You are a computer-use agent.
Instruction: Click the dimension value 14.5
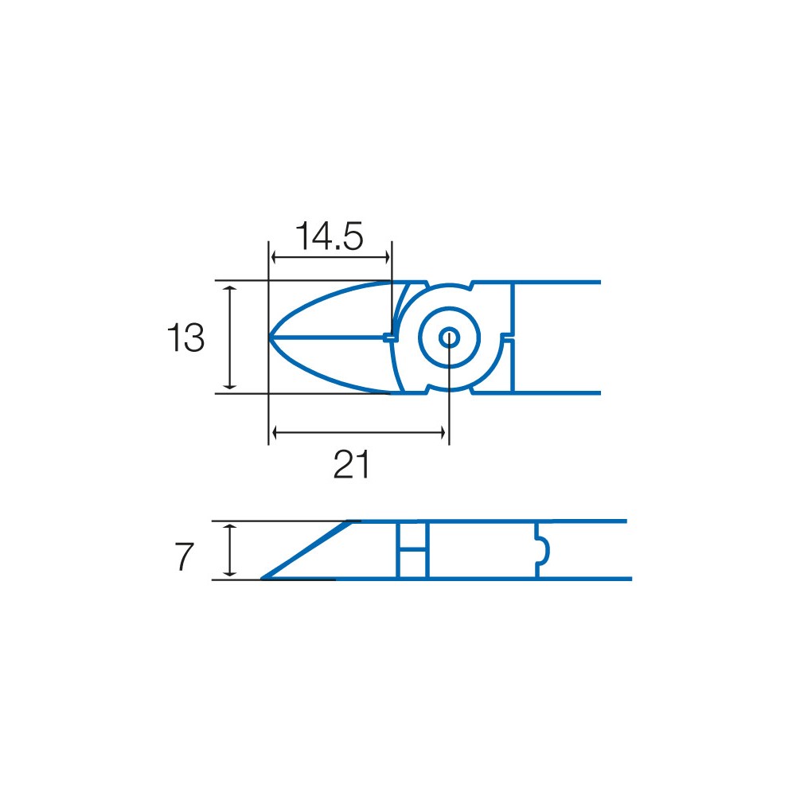pyautogui.click(x=330, y=236)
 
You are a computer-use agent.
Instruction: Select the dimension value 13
pyautogui.click(x=185, y=338)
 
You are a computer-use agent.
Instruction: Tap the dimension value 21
pyautogui.click(x=351, y=465)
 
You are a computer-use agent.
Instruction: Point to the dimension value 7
pyautogui.click(x=185, y=556)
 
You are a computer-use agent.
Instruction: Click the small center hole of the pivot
pyautogui.click(x=449, y=337)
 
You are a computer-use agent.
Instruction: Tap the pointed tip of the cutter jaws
pyautogui.click(x=270, y=337)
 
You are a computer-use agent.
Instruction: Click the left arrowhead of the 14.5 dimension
pyautogui.click(x=275, y=257)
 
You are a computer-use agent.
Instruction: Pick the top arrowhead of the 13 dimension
pyautogui.click(x=231, y=288)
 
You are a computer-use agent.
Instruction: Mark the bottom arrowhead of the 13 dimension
pyautogui.click(x=231, y=385)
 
